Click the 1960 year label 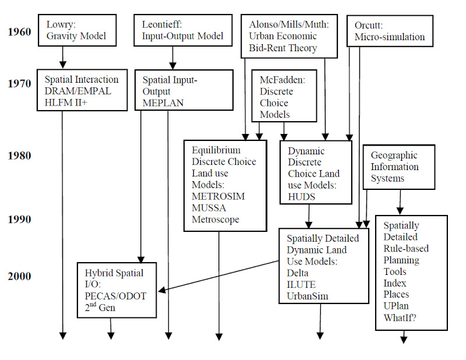pos(19,31)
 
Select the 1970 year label pos(19,83)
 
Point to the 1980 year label pos(19,156)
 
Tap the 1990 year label pos(19,220)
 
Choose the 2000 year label pos(19,276)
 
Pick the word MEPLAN pos(163,103)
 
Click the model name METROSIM pos(218,196)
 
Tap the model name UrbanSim pos(308,296)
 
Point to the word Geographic pos(394,156)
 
